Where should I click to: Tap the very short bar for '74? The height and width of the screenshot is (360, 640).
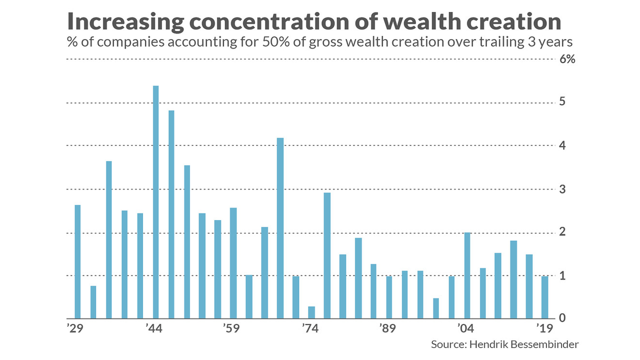[311, 312]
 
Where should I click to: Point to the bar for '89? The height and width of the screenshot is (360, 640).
[389, 297]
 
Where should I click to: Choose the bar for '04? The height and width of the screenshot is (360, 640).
[467, 275]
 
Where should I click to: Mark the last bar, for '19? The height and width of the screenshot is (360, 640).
[545, 297]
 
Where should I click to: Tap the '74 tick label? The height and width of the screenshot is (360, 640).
[309, 329]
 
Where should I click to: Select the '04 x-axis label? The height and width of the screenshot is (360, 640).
[465, 329]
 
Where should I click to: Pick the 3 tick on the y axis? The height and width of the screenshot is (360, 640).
[562, 189]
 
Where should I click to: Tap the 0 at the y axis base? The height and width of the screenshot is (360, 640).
[562, 318]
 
